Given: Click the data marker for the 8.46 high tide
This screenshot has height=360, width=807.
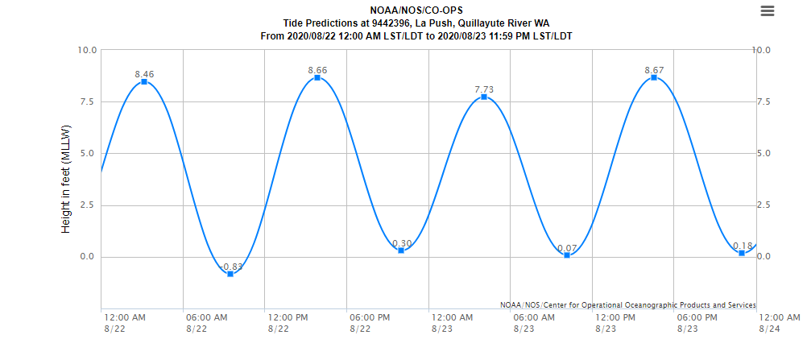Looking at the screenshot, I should [x=144, y=82].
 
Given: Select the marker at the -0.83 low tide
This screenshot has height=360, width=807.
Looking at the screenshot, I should [x=230, y=274].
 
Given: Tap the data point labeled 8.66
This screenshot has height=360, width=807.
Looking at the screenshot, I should [x=317, y=78].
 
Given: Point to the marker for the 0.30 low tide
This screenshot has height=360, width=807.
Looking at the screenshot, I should [x=401, y=250].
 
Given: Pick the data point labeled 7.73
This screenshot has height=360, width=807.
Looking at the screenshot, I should [x=484, y=97].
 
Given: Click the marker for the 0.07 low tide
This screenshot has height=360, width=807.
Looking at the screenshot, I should [x=567, y=255].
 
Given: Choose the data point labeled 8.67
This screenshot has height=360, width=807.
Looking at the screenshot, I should [x=654, y=77].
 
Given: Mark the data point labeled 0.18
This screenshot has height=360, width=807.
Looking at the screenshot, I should [x=742, y=253].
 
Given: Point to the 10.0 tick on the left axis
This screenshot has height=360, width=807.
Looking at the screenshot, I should [x=87, y=50].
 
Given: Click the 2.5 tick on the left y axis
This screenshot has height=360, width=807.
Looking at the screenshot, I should [x=87, y=205].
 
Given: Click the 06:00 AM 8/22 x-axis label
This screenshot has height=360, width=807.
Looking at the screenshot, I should [x=207, y=322].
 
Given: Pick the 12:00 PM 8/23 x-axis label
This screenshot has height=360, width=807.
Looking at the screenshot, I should [x=616, y=322].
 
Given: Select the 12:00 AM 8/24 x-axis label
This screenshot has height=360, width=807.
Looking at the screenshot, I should [x=780, y=322].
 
